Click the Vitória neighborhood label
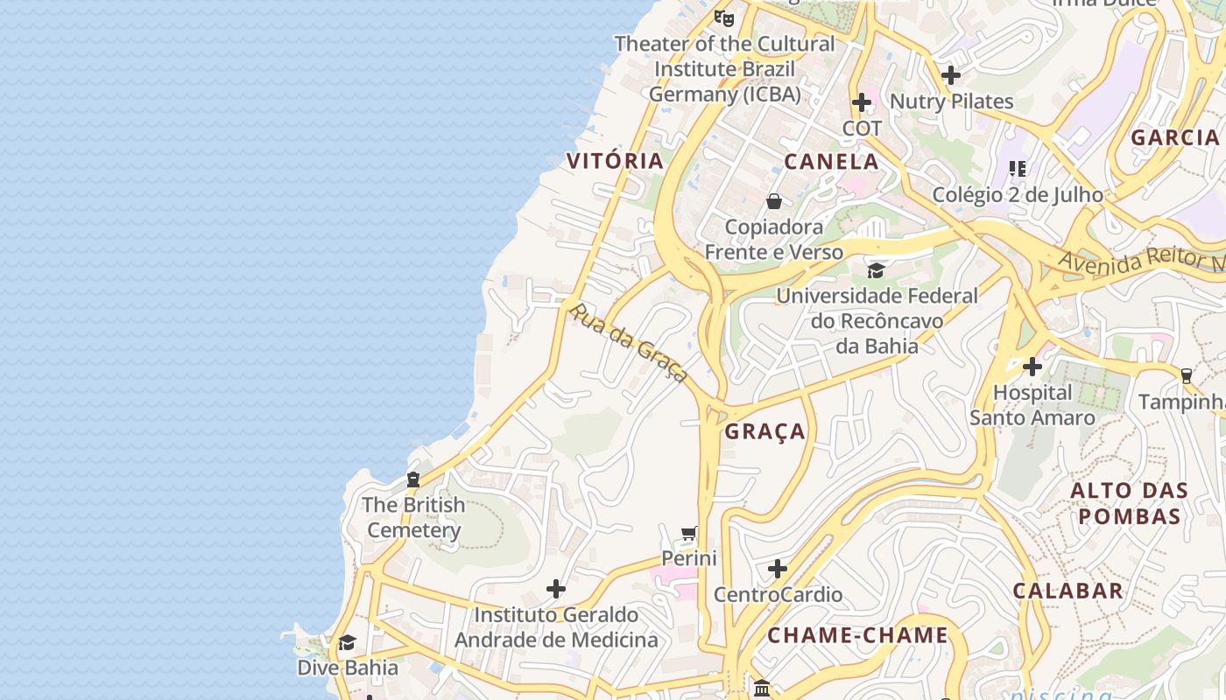click(x=615, y=161)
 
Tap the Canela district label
click(x=831, y=161)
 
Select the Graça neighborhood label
click(x=764, y=431)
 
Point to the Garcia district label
click(x=1174, y=137)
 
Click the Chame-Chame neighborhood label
click(x=858, y=635)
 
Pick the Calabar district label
click(x=1067, y=591)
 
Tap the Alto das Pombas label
click(x=1130, y=503)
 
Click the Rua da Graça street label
click(x=628, y=342)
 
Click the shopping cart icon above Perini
click(x=689, y=534)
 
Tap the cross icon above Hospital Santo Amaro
click(x=1032, y=366)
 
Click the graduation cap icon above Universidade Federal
click(x=876, y=269)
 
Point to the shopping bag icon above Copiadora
click(x=773, y=201)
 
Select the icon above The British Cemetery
click(x=412, y=479)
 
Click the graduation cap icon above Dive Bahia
click(x=347, y=642)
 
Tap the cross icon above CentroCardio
click(x=777, y=570)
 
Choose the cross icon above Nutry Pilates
click(x=951, y=75)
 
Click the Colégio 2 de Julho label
click(x=1017, y=194)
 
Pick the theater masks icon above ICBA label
click(x=723, y=17)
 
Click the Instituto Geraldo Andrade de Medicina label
click(x=555, y=627)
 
